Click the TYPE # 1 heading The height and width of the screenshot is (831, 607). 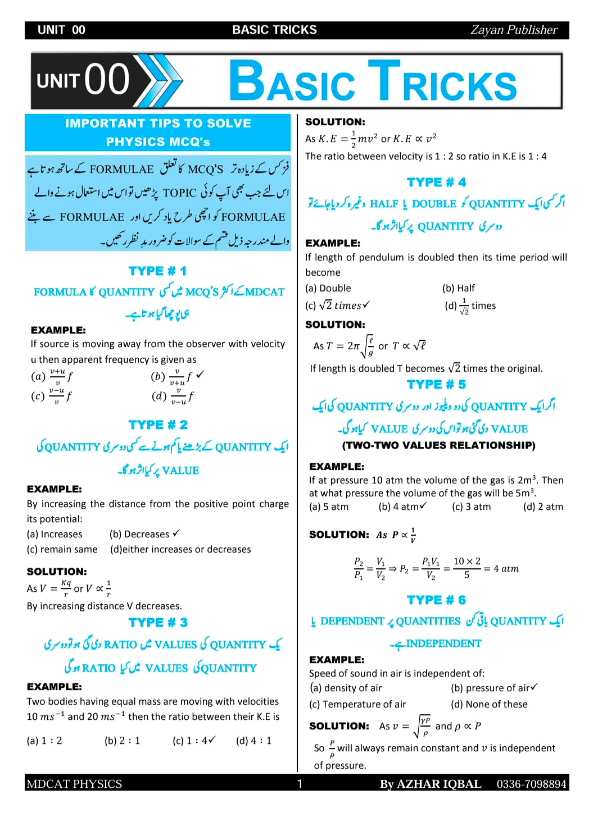click(x=157, y=271)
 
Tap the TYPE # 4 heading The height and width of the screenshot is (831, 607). click(x=436, y=182)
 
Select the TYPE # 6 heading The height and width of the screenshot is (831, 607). click(x=436, y=600)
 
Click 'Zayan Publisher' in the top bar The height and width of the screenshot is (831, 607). click(x=514, y=30)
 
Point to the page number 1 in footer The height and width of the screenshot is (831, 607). click(x=300, y=784)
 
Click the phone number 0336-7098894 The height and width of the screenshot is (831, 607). click(x=531, y=784)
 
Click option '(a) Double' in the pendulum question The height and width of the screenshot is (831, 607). click(x=328, y=288)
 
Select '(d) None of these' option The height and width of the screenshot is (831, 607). click(x=489, y=704)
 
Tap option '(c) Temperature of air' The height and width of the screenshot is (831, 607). click(x=357, y=704)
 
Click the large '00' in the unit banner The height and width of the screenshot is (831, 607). click(x=107, y=79)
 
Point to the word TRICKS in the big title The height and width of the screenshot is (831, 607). click(x=442, y=83)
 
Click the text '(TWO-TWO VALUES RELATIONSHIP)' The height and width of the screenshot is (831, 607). click(x=438, y=445)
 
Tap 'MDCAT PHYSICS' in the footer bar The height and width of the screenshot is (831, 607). click(x=74, y=784)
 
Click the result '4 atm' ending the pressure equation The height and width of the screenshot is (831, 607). click(x=506, y=569)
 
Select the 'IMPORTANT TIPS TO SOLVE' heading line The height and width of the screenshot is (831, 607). click(x=158, y=124)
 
